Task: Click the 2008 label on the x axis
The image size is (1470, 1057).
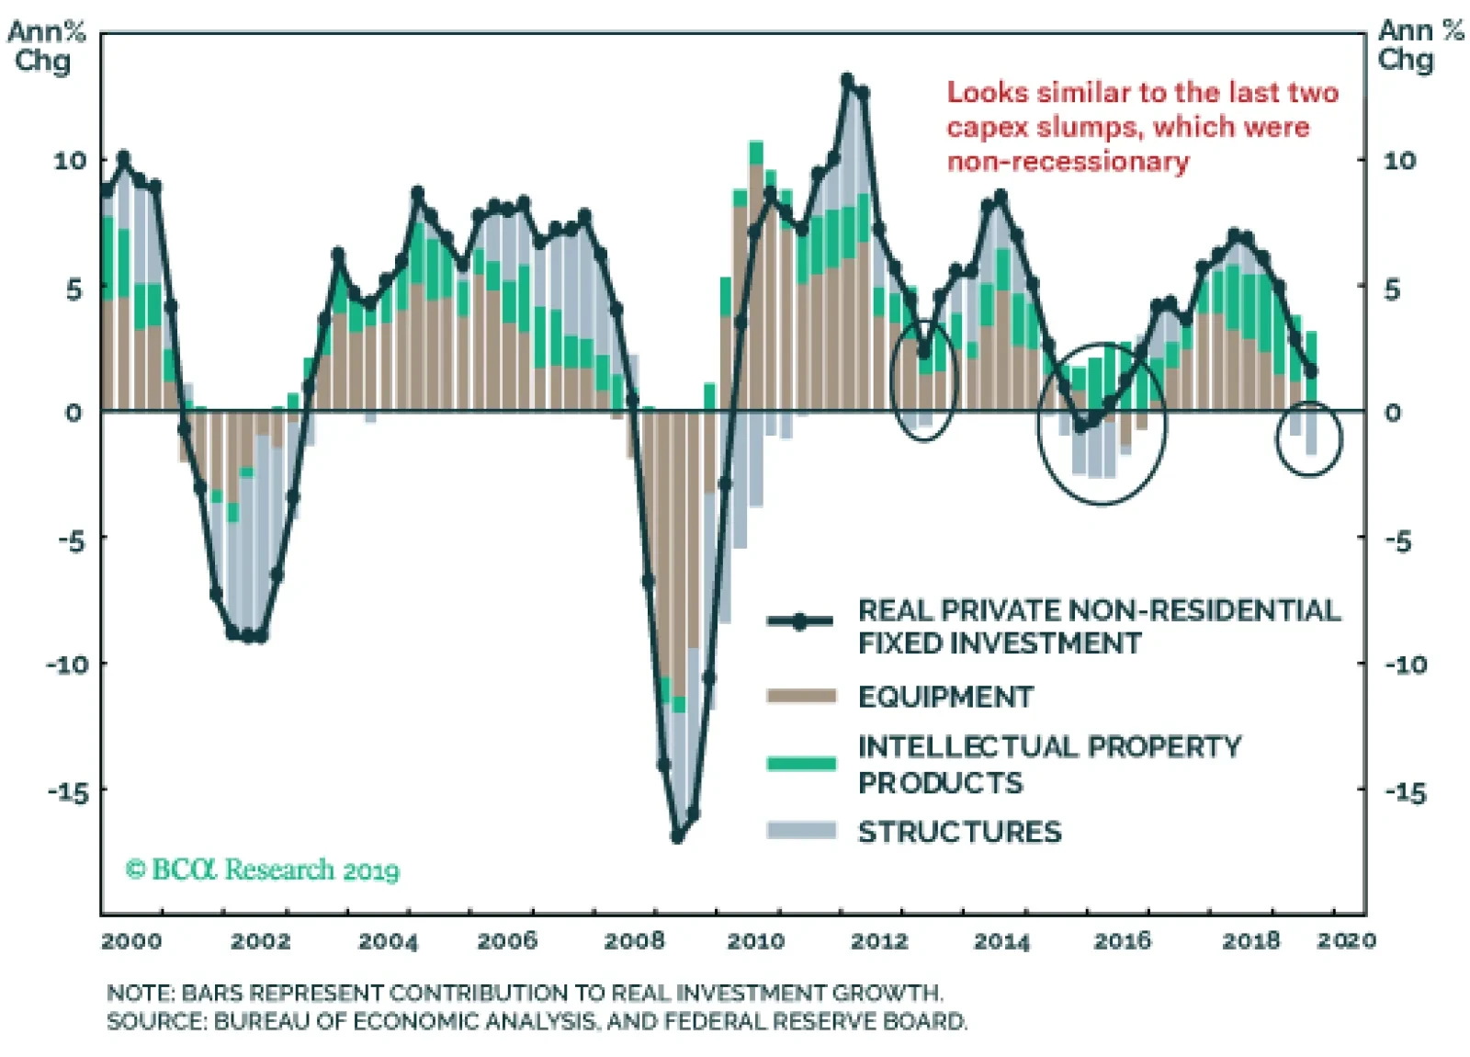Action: point(634,940)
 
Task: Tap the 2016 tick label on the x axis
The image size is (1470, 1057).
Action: point(1122,940)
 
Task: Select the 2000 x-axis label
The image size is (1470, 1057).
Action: point(131,940)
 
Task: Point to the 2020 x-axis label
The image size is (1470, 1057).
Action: point(1346,940)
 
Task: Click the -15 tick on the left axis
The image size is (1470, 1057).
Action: point(70,791)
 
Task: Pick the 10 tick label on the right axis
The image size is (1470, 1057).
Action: point(1399,161)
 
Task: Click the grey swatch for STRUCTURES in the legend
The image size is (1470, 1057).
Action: point(801,831)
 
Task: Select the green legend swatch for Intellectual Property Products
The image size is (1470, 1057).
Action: point(801,763)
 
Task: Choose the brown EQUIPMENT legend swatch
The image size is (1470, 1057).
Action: point(801,696)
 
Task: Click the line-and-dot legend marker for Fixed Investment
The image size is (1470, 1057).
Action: point(800,621)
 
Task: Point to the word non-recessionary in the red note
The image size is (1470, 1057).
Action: point(1068,162)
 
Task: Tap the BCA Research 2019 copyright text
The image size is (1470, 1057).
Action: point(263,869)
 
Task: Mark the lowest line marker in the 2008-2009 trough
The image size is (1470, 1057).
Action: point(678,836)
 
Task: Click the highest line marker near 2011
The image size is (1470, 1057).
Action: point(847,80)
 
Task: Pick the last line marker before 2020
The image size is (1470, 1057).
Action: point(1311,371)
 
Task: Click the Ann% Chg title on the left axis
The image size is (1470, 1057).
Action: point(45,46)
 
